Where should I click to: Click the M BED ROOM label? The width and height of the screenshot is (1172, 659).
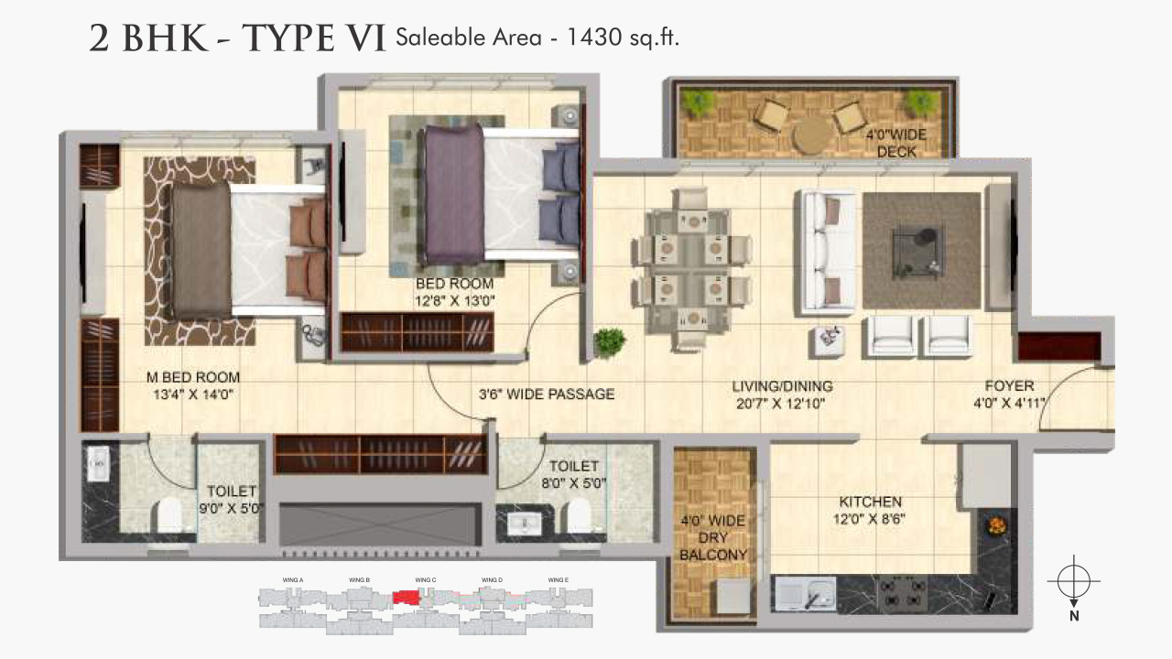193,377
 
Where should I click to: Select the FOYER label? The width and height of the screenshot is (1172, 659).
1009,386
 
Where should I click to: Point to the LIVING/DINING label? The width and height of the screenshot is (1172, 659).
781,386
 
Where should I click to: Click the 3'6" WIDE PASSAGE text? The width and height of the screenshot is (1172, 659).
546,394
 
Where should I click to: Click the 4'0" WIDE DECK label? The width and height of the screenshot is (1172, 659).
895,144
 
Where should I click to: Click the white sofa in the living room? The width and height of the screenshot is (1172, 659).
826,250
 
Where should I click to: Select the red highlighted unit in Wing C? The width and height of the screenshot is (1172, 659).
407,597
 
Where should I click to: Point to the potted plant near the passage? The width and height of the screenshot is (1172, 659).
609,341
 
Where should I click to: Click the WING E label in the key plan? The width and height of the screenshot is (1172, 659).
559,580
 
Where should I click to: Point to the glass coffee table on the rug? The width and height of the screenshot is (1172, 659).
917,248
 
